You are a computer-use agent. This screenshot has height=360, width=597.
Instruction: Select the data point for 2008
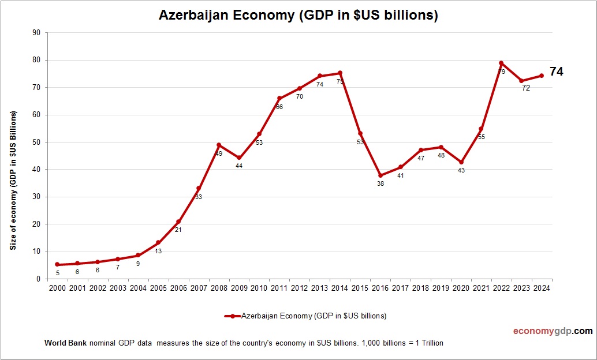click(x=219, y=145)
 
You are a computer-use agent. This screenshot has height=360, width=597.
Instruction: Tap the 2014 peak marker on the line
click(x=340, y=73)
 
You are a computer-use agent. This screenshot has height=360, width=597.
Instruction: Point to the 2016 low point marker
click(x=380, y=175)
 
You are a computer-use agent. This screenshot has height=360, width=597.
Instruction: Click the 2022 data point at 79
click(x=501, y=63)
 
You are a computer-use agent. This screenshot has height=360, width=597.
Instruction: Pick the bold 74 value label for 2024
click(x=557, y=72)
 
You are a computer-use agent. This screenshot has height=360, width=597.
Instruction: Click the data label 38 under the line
click(x=380, y=183)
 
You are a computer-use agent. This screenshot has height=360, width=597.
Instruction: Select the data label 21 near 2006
click(x=178, y=230)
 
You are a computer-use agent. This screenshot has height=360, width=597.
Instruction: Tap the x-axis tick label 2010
click(x=259, y=288)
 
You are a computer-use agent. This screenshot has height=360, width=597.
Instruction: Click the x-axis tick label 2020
click(x=461, y=288)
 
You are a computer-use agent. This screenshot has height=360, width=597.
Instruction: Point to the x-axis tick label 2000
click(x=57, y=288)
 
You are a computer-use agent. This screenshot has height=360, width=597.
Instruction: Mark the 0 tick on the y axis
click(x=38, y=279)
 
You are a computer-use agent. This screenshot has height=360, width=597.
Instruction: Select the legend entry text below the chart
click(x=314, y=316)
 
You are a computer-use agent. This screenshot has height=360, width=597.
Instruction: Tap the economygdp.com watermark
click(x=553, y=331)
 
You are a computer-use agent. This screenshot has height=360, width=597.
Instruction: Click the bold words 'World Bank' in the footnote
click(x=65, y=343)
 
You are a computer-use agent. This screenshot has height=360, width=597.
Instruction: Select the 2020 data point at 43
click(x=461, y=162)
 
